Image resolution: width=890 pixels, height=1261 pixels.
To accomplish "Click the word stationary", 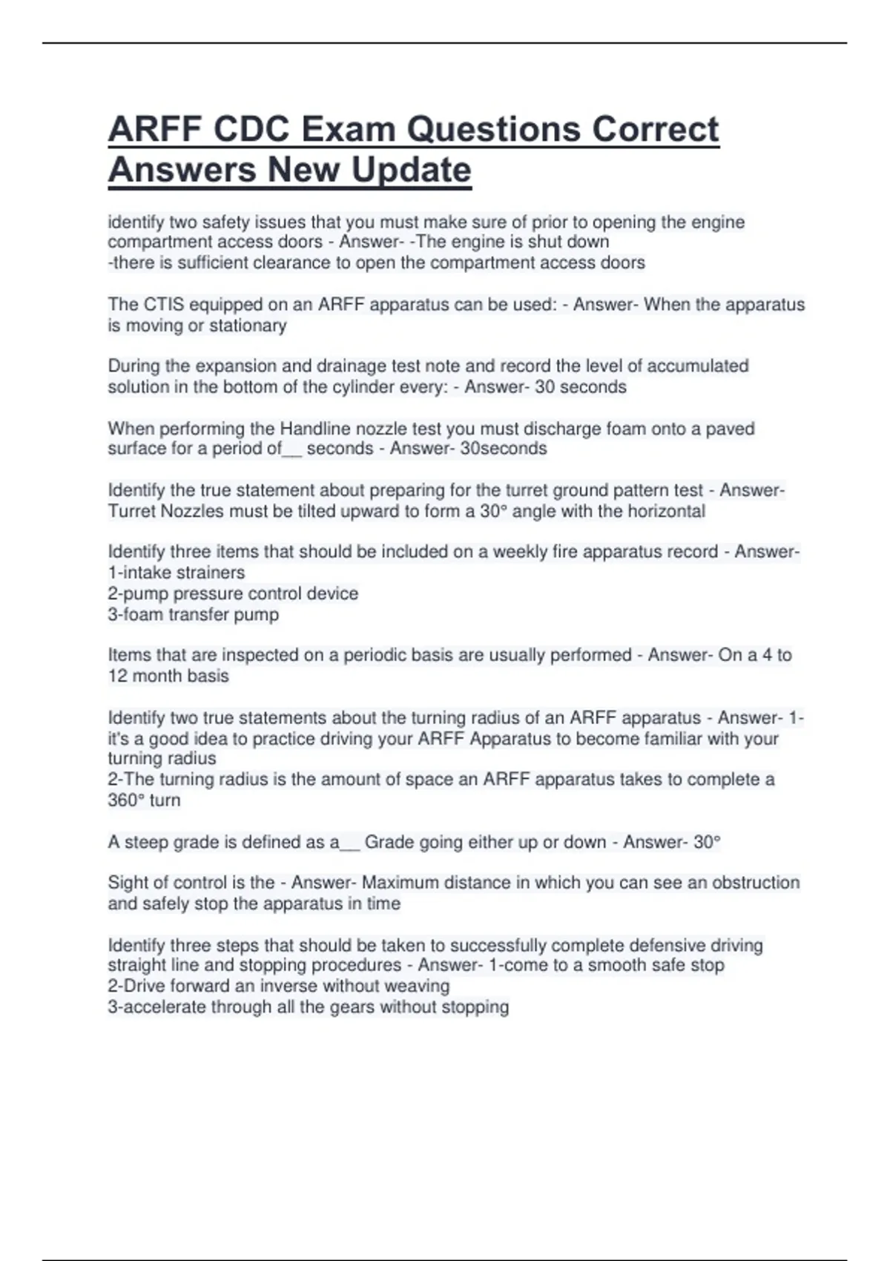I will click(x=247, y=326).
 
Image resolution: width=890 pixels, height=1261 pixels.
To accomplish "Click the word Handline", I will click(x=314, y=429).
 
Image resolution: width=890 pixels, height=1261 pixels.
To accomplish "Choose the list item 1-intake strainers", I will click(x=177, y=573).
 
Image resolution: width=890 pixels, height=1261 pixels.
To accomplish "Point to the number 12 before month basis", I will click(x=117, y=676).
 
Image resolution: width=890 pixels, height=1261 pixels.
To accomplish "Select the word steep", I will click(x=146, y=843).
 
